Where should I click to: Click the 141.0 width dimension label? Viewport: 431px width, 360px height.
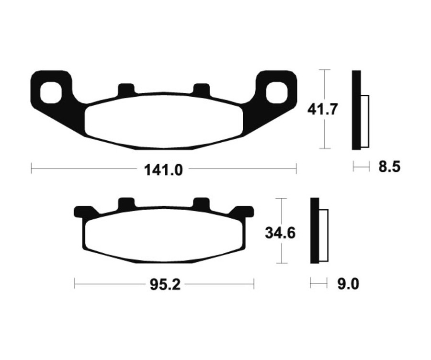pyautogui.click(x=163, y=169)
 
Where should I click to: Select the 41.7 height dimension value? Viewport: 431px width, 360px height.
pyautogui.click(x=323, y=109)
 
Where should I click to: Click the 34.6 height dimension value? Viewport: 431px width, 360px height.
pyautogui.click(x=280, y=233)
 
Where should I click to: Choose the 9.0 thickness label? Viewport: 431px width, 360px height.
pyautogui.click(x=348, y=284)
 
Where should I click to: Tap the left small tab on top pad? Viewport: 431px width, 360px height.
pyautogui.click(x=126, y=89)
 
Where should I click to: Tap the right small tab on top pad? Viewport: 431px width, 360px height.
pyautogui.click(x=201, y=89)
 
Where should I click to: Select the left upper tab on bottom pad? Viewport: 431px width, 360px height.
pyautogui.click(x=126, y=203)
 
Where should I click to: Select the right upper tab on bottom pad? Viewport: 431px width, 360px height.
pyautogui.click(x=201, y=203)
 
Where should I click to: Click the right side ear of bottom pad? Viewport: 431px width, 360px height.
pyautogui.click(x=244, y=211)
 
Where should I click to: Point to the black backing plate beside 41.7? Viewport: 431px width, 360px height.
pyautogui.click(x=356, y=109)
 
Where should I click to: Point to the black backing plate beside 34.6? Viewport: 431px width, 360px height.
pyautogui.click(x=314, y=230)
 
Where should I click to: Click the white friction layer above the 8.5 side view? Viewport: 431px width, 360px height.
pyautogui.click(x=365, y=122)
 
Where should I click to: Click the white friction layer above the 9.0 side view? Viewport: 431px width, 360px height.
pyautogui.click(x=324, y=236)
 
